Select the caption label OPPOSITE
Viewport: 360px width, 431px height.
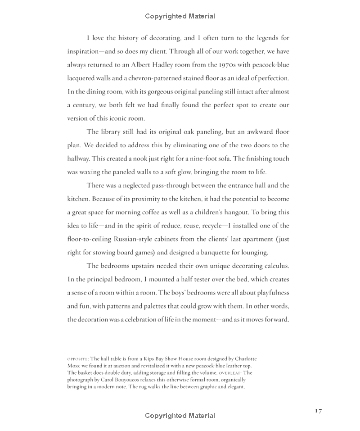click(77, 359)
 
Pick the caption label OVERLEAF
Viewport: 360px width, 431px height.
click(230, 373)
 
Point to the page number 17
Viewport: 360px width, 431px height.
click(318, 411)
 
